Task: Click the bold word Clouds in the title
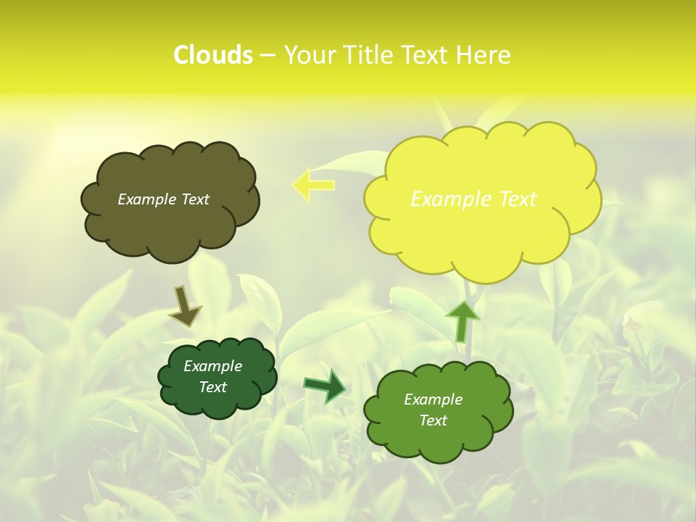213,55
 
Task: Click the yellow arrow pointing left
313,184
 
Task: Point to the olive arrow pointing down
184,306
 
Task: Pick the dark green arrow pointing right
326,386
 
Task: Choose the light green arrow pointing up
462,320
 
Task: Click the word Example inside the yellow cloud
450,199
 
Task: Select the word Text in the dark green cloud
213,387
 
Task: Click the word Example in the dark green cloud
213,366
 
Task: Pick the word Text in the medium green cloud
433,420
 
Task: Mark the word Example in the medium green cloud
433,399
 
